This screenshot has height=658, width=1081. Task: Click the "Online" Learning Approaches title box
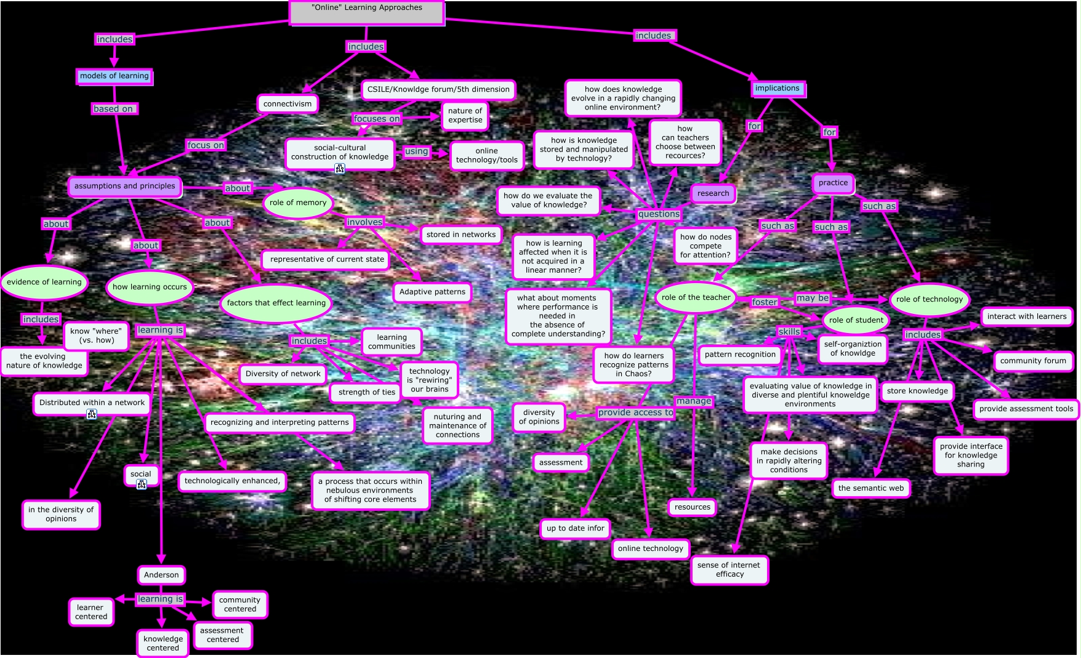tap(367, 13)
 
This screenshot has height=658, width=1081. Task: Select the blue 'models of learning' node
tap(115, 76)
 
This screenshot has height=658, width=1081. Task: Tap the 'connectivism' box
tap(287, 104)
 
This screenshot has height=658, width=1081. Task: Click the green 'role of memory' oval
tap(298, 203)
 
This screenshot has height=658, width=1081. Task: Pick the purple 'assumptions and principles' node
tap(125, 186)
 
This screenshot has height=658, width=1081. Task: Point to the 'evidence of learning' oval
tap(44, 282)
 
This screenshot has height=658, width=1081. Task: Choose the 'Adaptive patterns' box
tap(432, 292)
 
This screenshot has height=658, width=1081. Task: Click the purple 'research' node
tap(713, 193)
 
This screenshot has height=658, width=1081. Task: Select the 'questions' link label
tap(659, 214)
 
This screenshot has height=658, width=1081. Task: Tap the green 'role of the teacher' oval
tap(696, 297)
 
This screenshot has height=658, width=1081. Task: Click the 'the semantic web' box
tap(871, 488)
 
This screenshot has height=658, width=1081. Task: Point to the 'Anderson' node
tap(161, 575)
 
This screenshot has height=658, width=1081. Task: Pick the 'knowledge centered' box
tap(163, 643)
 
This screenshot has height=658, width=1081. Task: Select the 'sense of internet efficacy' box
tap(729, 569)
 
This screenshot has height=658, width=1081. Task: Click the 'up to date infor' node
tap(576, 528)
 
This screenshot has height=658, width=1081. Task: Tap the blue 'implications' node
tap(778, 89)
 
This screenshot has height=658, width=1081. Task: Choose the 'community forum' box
tap(1033, 361)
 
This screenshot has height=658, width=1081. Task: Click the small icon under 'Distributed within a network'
tap(92, 414)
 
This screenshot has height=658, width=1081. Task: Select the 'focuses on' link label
tap(377, 119)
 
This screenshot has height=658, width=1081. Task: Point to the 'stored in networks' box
tap(461, 235)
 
